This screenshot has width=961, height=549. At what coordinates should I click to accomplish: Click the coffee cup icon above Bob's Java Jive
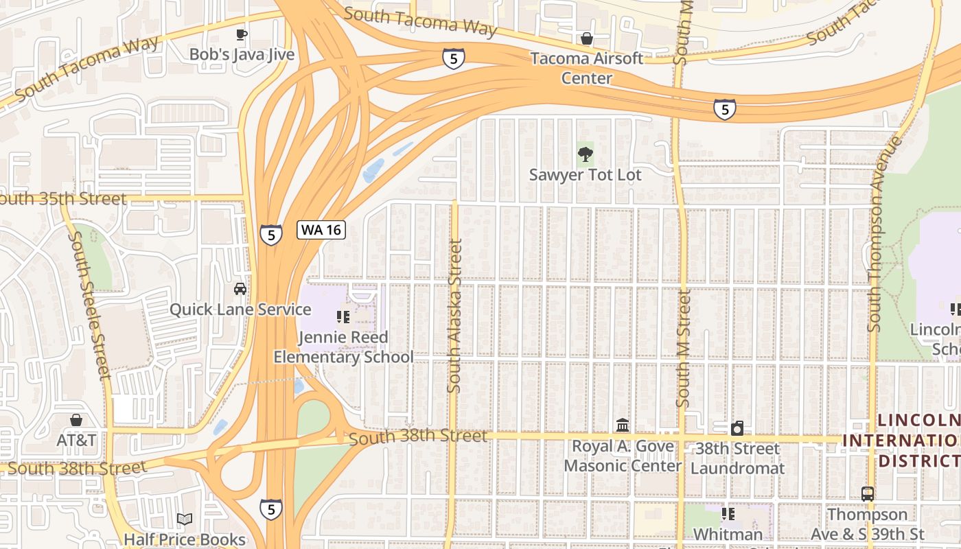coord(241,34)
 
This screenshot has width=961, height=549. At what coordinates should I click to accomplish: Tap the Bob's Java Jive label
coord(242,54)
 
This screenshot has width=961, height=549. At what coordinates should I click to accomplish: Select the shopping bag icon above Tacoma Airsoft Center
coord(587,38)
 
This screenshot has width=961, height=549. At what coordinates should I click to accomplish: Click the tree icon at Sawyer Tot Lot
coord(585,154)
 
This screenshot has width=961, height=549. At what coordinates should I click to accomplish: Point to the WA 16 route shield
coord(321,229)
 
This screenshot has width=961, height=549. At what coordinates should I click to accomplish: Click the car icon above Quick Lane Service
coord(240,289)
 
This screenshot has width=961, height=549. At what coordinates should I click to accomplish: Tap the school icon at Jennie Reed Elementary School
coord(343,316)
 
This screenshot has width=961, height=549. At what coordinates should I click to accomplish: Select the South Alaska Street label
coord(454,316)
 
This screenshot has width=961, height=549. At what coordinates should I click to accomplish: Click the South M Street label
coord(683,348)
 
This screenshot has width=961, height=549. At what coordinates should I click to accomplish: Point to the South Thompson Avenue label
coord(883,233)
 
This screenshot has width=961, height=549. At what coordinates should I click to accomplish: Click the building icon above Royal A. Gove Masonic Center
coord(623,425)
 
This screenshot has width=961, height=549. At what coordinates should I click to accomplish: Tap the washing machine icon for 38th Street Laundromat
coord(737,429)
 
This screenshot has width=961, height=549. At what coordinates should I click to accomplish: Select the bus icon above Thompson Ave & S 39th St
coord(868,493)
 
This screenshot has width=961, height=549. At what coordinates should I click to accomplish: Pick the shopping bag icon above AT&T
coord(76,420)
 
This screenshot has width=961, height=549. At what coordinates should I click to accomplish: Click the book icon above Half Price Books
coord(184,519)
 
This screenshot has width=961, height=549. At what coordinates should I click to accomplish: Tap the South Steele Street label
coord(91,305)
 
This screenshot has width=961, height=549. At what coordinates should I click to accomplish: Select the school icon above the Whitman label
coord(728,514)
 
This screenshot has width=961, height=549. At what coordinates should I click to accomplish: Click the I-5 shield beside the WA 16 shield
coord(271,235)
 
